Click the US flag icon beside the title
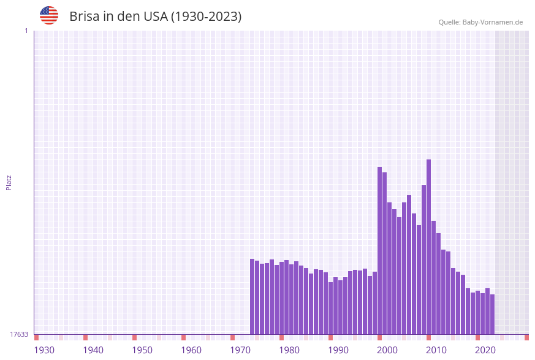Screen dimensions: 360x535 tap(49, 15)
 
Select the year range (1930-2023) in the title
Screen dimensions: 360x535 tap(206, 17)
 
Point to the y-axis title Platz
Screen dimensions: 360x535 tap(9, 182)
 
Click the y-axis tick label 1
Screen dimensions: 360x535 tap(26, 31)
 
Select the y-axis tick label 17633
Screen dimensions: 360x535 tap(19, 334)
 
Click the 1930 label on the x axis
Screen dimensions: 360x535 tap(44, 350)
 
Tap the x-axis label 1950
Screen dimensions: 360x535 tap(142, 350)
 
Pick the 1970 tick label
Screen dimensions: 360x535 tap(240, 350)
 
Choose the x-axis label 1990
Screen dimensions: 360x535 tap(338, 350)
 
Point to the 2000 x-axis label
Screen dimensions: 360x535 tap(387, 350)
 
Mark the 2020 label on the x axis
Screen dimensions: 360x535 tap(485, 350)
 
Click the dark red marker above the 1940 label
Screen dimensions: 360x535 tap(86, 337)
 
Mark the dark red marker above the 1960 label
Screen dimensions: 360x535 tap(183, 337)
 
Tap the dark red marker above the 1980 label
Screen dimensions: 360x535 tap(281, 337)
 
